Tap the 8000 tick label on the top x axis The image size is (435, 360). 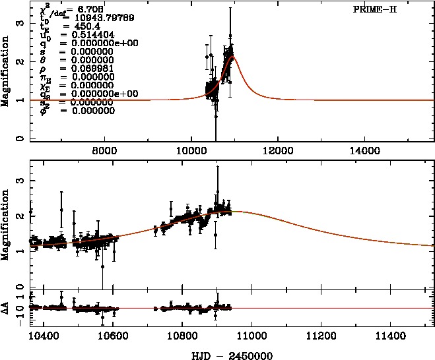104,150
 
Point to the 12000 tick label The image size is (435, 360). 277,150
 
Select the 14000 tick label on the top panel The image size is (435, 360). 364,150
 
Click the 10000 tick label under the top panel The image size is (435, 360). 191,150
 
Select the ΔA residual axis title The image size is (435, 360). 6,307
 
